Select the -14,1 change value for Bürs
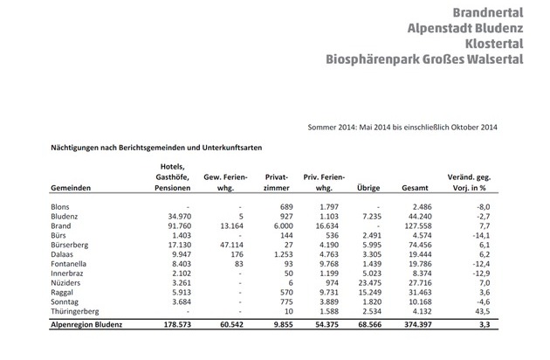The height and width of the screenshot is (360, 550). pos(487,237)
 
